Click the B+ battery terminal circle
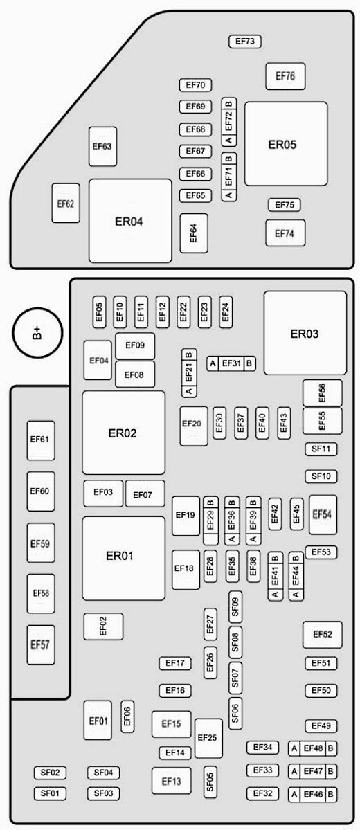[38, 334]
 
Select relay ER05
[286, 144]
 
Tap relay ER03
[305, 333]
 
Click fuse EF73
[245, 42]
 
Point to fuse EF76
[285, 76]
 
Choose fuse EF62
[66, 203]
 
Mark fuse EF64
[194, 233]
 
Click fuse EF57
[41, 644]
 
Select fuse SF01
[51, 793]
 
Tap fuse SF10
[321, 476]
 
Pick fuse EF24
[226, 312]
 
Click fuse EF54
[323, 514]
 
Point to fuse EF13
[172, 781]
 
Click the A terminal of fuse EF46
[294, 794]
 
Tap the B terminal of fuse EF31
[249, 363]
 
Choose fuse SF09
[235, 606]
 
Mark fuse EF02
[103, 626]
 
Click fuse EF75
[285, 205]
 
